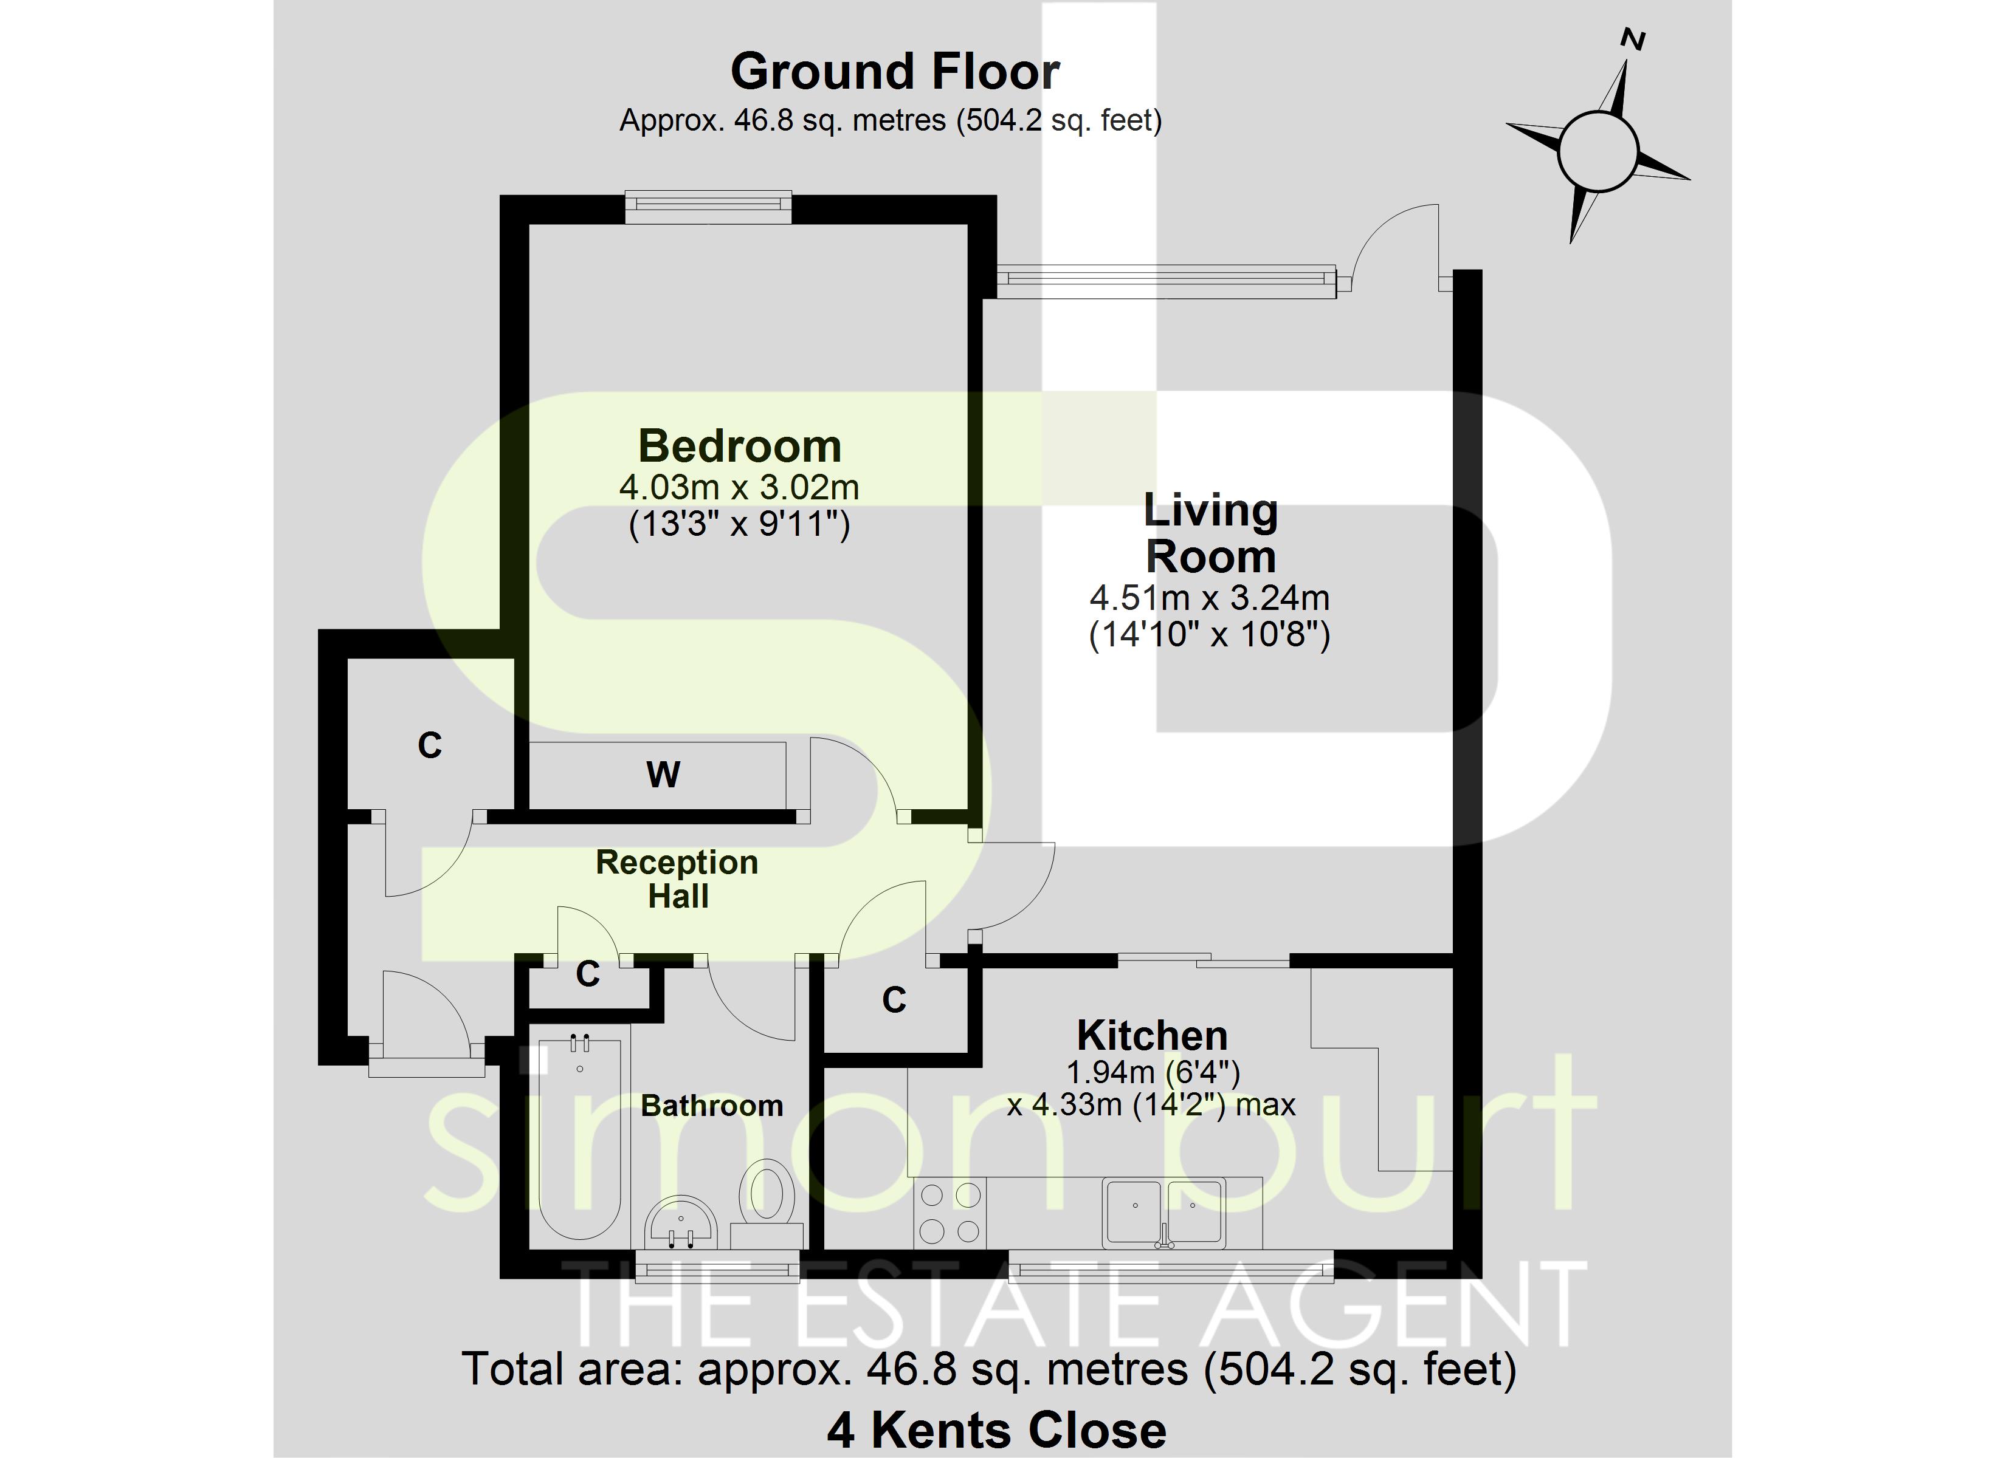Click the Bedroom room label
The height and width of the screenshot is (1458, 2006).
click(739, 446)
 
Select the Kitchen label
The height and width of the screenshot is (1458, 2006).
click(1153, 1035)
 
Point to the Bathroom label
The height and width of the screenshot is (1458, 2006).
click(712, 1105)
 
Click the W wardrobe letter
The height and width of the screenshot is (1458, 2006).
click(663, 775)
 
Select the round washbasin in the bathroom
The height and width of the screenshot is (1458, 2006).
click(680, 1223)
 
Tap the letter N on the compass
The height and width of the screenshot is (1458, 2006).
click(1633, 39)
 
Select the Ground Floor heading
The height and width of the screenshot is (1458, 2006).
click(895, 72)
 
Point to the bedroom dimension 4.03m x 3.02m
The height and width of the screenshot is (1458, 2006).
click(739, 487)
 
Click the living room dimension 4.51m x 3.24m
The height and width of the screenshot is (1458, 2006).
click(1210, 598)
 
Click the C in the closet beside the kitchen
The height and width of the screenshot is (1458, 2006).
click(894, 1000)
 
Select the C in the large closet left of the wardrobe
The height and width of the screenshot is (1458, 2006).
click(430, 745)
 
